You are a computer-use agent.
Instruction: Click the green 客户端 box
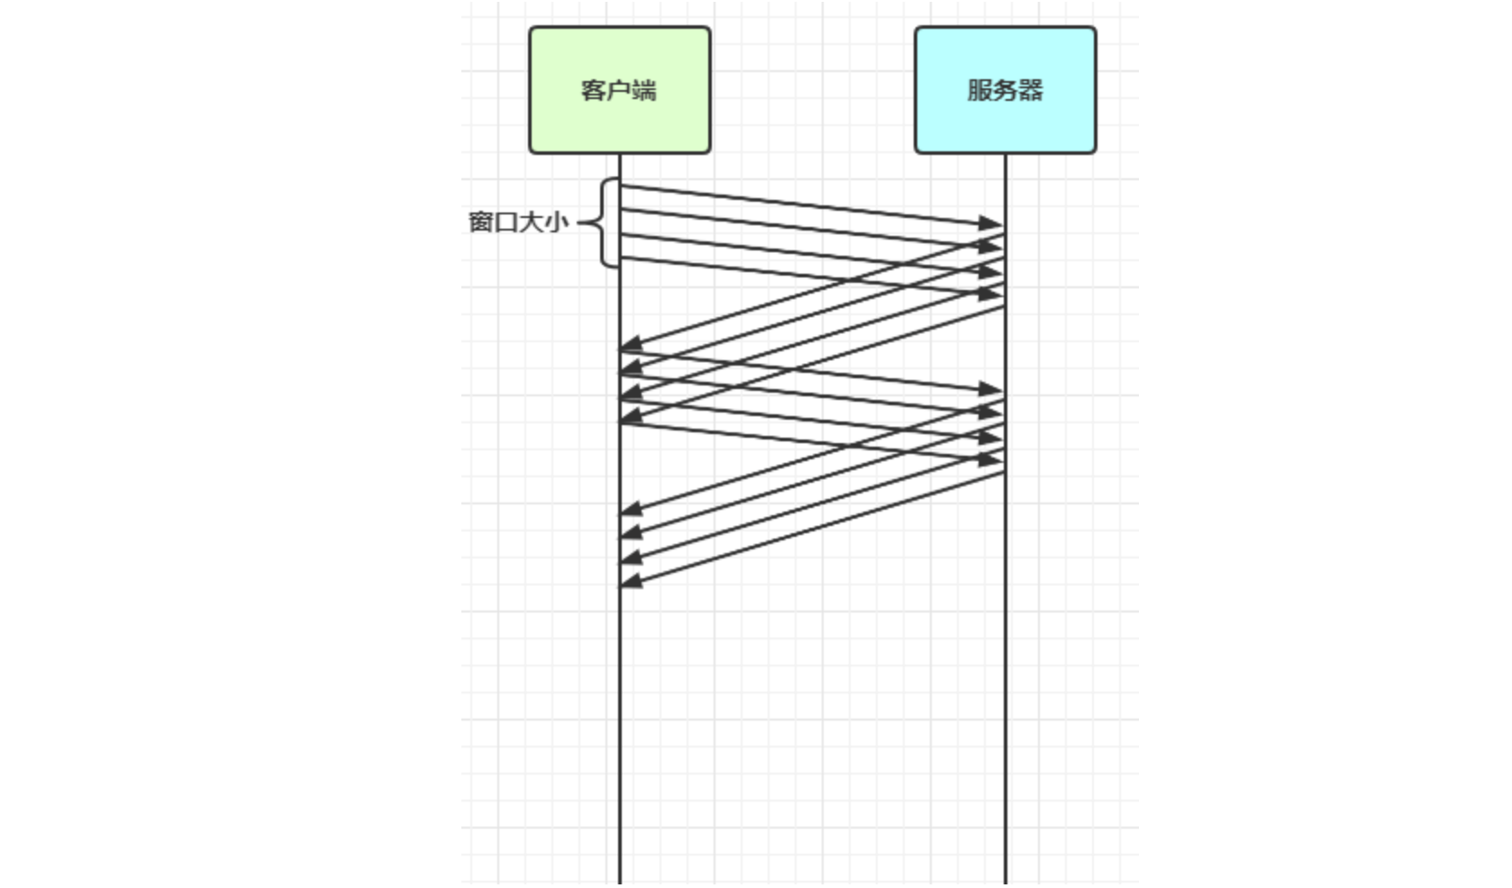pyautogui.click(x=619, y=90)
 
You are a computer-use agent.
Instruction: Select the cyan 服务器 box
pyautogui.click(x=1005, y=90)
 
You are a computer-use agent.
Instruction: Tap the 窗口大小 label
pyautogui.click(x=518, y=222)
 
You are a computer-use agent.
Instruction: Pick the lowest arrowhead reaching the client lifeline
pyautogui.click(x=631, y=581)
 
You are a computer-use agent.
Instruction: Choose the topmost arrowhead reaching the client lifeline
pyautogui.click(x=631, y=344)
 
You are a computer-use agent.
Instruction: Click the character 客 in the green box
pyautogui.click(x=593, y=90)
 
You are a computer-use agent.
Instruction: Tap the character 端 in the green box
pyautogui.click(x=644, y=90)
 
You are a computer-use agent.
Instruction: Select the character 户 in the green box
pyautogui.click(x=618, y=90)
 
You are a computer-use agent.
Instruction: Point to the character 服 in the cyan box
pyautogui.click(x=979, y=90)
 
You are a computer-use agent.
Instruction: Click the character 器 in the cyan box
pyautogui.click(x=1031, y=90)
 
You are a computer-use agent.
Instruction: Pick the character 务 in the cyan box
pyautogui.click(x=1005, y=90)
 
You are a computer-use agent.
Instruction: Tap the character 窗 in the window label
pyautogui.click(x=480, y=222)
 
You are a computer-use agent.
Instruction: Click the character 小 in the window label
pyautogui.click(x=557, y=222)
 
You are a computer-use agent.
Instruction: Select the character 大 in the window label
pyautogui.click(x=532, y=222)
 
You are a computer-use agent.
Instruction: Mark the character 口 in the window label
pyautogui.click(x=506, y=222)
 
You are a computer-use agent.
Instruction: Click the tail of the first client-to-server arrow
pyautogui.click(x=622, y=186)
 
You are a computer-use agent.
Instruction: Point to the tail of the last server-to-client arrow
pyautogui.click(x=1003, y=474)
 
